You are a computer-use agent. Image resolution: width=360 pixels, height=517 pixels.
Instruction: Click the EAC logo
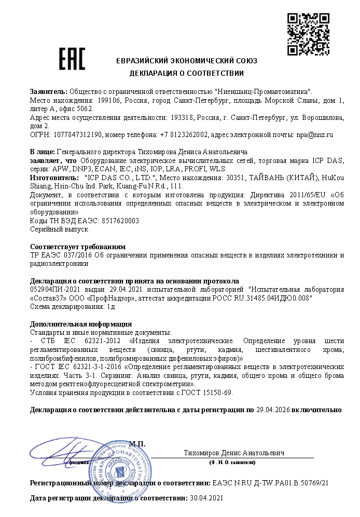[x=72, y=60]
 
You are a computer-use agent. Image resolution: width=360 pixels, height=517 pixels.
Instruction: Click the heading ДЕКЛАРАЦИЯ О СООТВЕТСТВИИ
[x=187, y=73]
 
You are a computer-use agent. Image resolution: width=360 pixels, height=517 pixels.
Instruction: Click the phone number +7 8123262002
[x=183, y=134]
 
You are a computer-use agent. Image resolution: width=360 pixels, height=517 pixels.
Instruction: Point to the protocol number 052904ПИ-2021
[x=56, y=290]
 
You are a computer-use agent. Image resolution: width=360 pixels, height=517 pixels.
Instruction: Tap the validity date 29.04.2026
[x=273, y=410]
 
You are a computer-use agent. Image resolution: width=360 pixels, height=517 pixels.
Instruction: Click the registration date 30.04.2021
[x=206, y=498]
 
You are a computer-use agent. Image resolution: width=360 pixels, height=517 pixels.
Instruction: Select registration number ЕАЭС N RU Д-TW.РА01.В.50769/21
[x=271, y=483]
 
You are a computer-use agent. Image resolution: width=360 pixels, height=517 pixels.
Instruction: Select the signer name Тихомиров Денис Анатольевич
[x=234, y=453]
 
